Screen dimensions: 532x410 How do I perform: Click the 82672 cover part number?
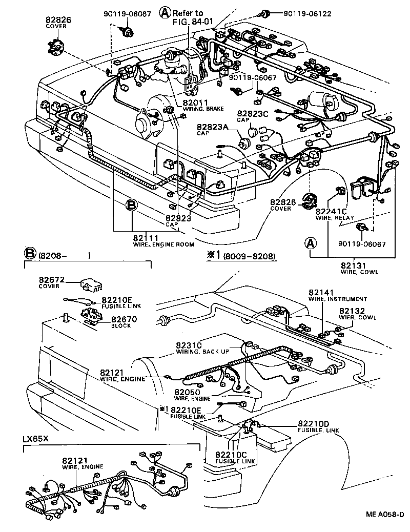pos(51,280)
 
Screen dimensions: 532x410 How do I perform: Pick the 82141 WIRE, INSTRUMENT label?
pos(337,294)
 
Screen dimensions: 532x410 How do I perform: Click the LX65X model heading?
pos(35,439)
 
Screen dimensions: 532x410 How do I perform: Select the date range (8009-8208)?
pos(250,255)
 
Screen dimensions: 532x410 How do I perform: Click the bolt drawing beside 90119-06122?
pos(265,12)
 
